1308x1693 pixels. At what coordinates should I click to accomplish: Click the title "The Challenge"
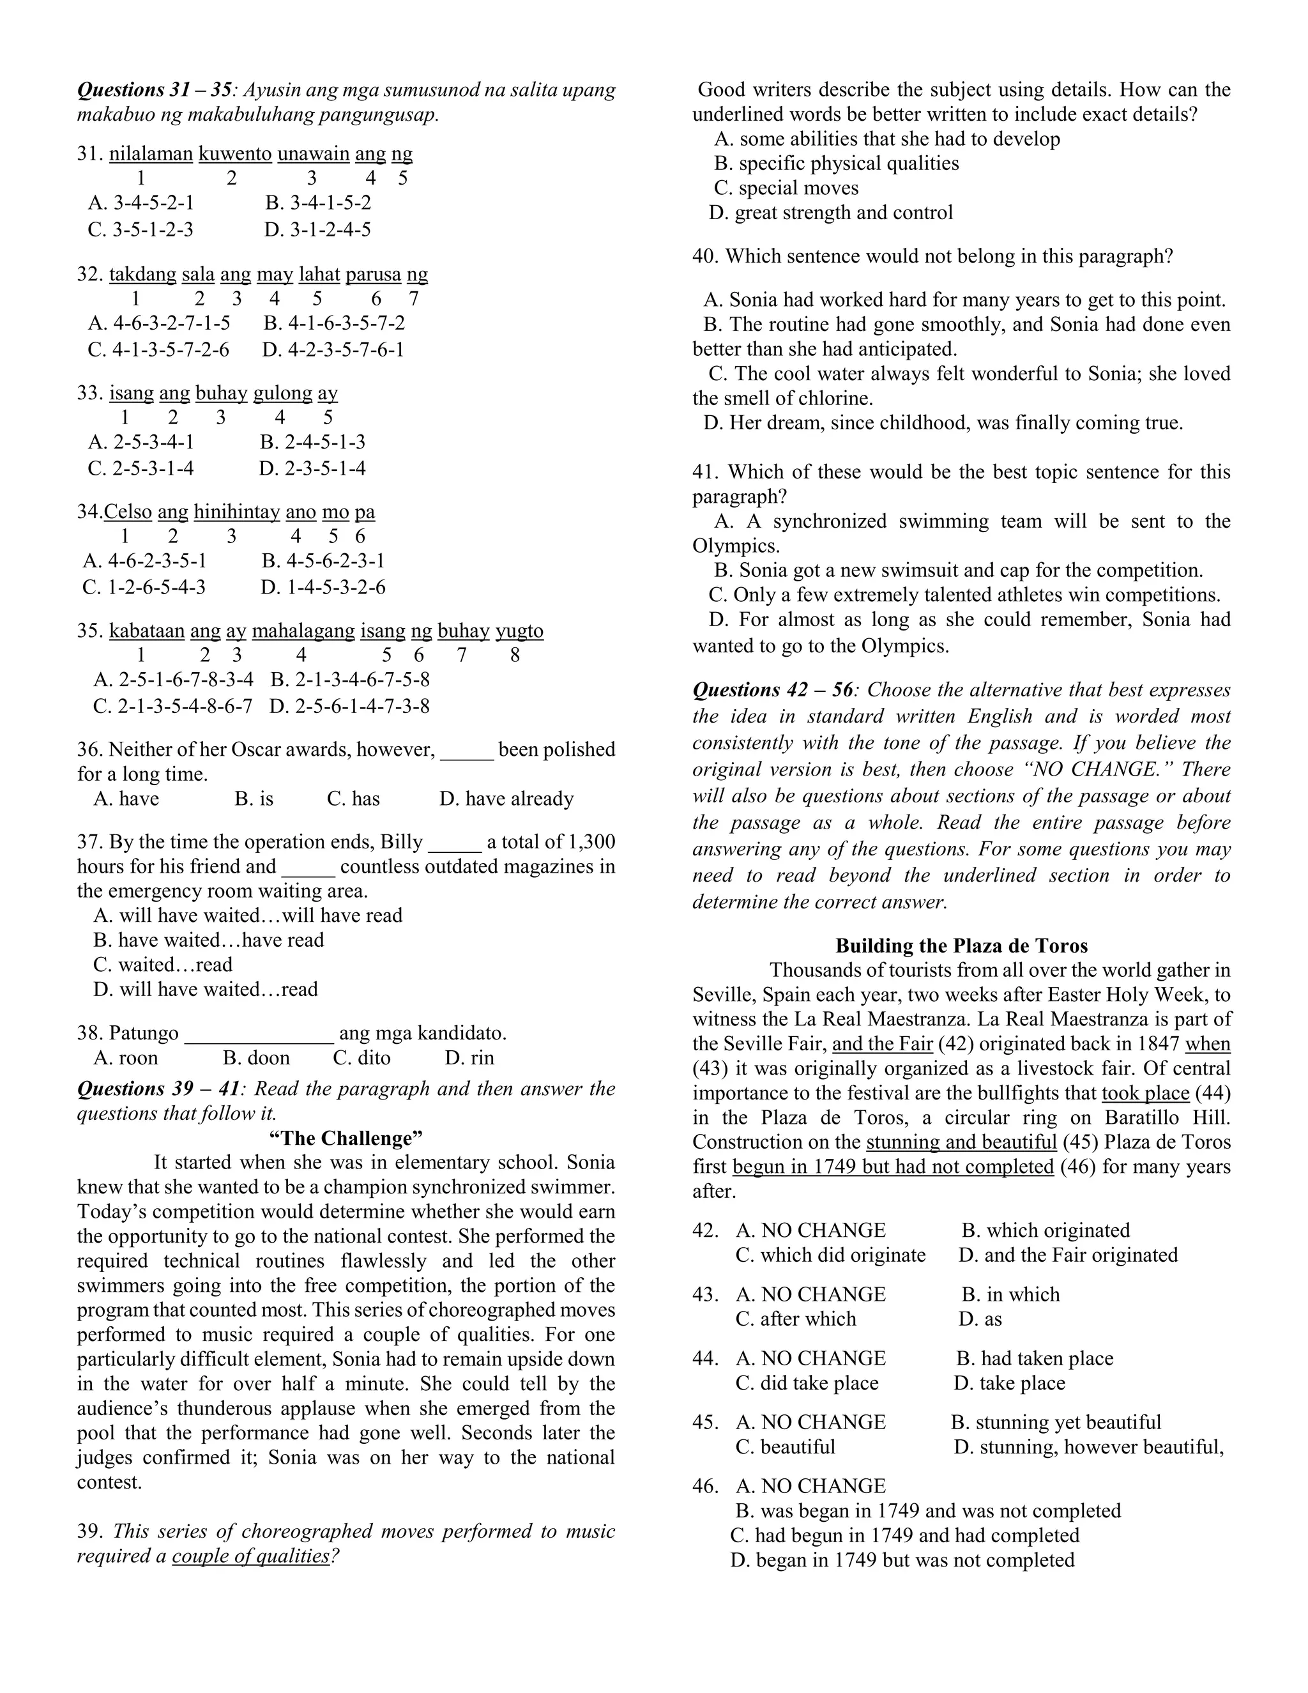click(346, 1138)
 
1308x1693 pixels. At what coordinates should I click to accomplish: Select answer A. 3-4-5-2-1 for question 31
click(141, 203)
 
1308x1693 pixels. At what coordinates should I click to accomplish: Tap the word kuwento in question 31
click(235, 153)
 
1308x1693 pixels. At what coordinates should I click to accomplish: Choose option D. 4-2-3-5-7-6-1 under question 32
click(333, 349)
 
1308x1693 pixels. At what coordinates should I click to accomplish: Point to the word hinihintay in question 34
click(236, 512)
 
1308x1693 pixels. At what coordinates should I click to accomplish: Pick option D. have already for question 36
click(506, 799)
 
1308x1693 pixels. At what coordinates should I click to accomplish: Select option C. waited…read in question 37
click(163, 965)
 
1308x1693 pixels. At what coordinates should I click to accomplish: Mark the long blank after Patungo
click(259, 1033)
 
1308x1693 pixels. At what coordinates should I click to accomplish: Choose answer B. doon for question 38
click(255, 1058)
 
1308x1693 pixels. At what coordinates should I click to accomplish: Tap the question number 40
click(705, 257)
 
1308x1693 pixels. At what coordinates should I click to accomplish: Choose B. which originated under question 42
click(1046, 1230)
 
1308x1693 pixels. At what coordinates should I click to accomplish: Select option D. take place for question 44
click(1010, 1383)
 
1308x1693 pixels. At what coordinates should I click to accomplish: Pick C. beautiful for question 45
click(785, 1447)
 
